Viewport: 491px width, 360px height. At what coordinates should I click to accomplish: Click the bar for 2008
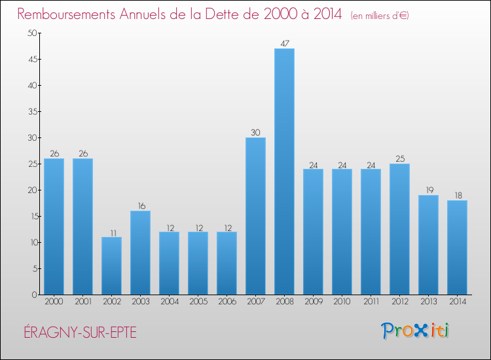coord(284,171)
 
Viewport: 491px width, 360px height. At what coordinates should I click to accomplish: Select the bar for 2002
coord(111,266)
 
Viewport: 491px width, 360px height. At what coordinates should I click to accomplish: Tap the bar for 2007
coord(255,216)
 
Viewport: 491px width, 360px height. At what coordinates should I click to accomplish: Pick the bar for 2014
coord(457,247)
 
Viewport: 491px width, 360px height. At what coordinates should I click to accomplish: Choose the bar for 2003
coord(140,253)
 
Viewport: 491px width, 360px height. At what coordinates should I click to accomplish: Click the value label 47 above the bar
coord(284,43)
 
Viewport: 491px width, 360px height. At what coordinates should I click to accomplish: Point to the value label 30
coord(255,132)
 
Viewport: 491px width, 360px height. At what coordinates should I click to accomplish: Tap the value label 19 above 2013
coord(428,190)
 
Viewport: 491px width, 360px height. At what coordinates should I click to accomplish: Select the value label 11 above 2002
coord(111,232)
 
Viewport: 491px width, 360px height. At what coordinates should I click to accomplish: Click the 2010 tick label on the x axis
coord(342,302)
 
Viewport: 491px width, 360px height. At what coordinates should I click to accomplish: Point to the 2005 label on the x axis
coord(198,302)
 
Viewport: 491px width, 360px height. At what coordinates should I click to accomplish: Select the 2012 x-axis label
coord(399,302)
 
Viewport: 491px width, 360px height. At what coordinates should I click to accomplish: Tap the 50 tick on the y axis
coord(31,33)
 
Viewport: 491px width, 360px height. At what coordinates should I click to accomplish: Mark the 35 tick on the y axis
coord(31,112)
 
